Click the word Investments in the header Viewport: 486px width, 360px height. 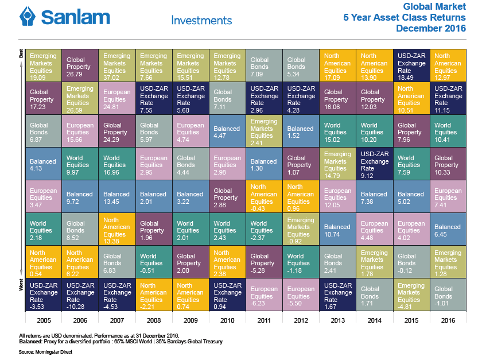pos(201,20)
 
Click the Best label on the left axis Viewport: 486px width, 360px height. pos(21,54)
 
